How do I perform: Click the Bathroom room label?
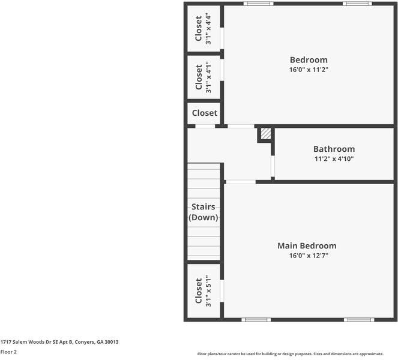(334, 149)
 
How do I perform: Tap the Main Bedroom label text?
(306, 245)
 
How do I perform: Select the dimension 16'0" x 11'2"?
(309, 70)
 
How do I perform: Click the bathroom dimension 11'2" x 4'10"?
(334, 159)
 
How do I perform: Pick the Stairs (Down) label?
(204, 212)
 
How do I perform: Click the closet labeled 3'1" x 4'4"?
(204, 29)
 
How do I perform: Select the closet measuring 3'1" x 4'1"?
(204, 77)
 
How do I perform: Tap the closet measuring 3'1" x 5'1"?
(204, 291)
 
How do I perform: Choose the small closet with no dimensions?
(204, 113)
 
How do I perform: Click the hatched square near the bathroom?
(266, 134)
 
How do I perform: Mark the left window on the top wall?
(258, 4)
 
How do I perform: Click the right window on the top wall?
(357, 4)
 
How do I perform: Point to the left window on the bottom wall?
(256, 320)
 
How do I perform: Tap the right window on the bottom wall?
(359, 320)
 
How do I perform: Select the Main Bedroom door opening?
(240, 182)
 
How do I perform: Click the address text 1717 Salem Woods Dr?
(59, 342)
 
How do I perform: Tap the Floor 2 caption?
(8, 352)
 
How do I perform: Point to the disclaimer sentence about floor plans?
(291, 354)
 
